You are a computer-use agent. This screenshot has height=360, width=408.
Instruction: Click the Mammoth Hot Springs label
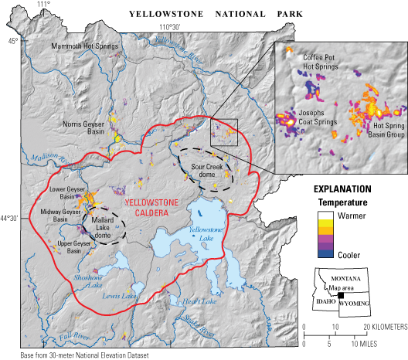coord(85,46)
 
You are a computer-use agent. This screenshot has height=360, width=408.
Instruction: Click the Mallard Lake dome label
coord(105,222)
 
